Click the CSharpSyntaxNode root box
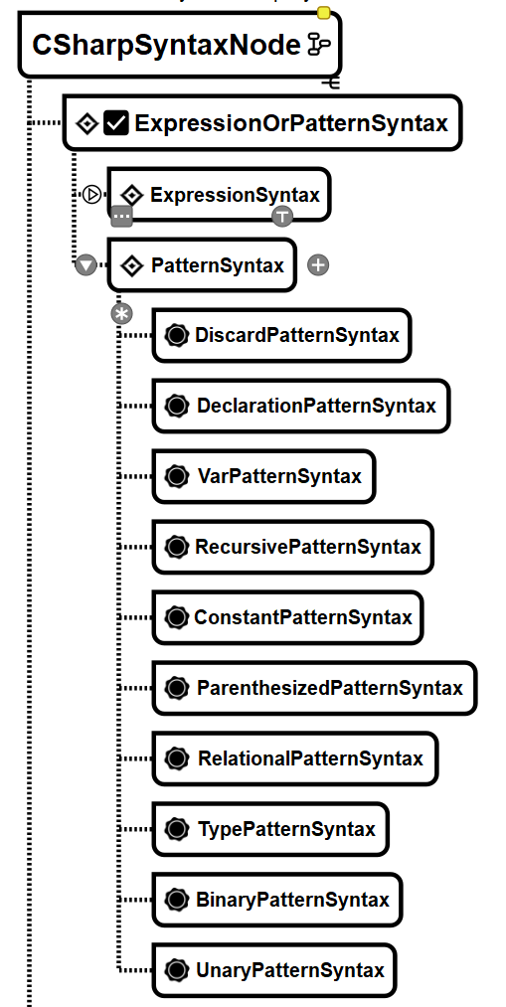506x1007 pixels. tap(180, 45)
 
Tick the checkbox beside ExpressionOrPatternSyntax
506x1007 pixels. tap(116, 122)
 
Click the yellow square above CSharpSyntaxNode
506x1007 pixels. tap(324, 13)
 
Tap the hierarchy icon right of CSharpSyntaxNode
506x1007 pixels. tap(319, 45)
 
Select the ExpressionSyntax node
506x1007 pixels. tap(219, 195)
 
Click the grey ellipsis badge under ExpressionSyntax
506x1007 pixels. tap(122, 217)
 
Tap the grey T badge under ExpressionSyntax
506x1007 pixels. tap(282, 217)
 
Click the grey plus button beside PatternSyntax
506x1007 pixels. tap(318, 264)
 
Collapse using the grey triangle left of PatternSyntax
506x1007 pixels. tap(86, 264)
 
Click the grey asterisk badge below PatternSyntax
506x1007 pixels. tap(121, 315)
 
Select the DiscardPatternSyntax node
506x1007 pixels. tap(282, 335)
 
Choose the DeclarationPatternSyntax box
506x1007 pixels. tap(301, 406)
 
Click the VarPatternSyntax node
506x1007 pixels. tap(263, 476)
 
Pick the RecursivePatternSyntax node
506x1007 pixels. tap(293, 547)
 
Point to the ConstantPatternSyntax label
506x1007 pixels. tap(303, 617)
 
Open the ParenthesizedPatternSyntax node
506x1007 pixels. tap(315, 688)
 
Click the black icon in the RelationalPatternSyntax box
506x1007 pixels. tap(177, 757)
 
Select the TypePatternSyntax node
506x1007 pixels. tap(270, 828)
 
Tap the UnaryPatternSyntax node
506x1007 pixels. tap(274, 970)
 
